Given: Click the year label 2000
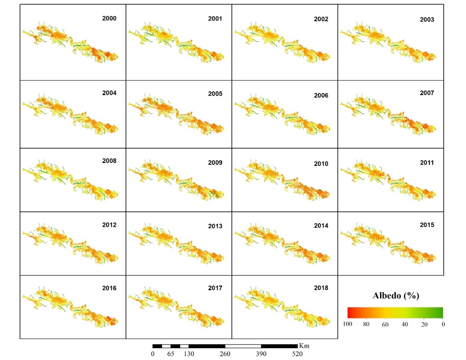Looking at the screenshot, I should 109,19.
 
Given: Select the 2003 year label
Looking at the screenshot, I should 427,20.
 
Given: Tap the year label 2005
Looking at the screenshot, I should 215,94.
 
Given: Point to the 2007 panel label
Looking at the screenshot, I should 427,93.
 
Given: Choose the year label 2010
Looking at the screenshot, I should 321,164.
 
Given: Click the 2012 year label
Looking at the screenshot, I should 109,225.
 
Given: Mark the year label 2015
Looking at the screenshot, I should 427,225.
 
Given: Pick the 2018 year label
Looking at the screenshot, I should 321,288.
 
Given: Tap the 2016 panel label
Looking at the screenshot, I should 109,288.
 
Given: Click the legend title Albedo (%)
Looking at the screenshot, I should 396,296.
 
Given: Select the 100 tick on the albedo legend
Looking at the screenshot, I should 347,324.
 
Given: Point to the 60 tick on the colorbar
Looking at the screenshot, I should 385,325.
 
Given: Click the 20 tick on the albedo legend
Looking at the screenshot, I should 424,325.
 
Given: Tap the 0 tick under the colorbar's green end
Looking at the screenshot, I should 443,324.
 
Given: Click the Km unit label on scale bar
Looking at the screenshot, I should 304,346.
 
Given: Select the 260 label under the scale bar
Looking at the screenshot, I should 225,354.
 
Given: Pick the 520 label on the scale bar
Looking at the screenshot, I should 297,354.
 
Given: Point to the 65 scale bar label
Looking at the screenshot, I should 171,354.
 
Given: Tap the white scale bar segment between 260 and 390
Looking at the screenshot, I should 243,346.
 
